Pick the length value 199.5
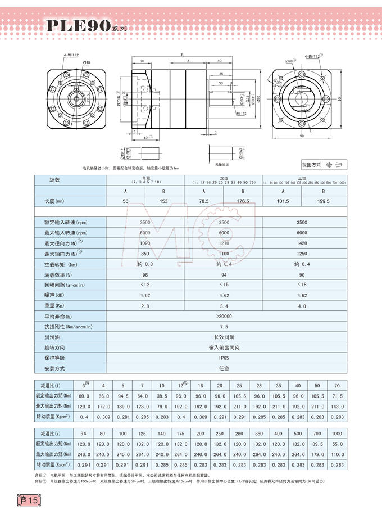[x=325, y=201]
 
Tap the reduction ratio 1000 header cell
[x=336, y=434]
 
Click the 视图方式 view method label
[x=311, y=165]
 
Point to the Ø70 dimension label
[x=88, y=62]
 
